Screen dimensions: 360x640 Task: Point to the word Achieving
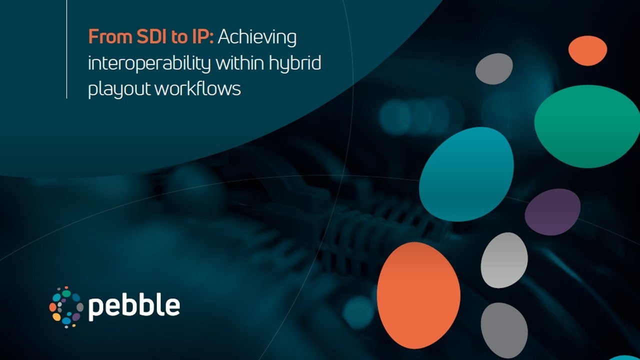(x=257, y=38)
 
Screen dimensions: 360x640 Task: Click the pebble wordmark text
(x=134, y=306)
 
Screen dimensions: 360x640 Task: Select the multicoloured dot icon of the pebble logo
(x=66, y=306)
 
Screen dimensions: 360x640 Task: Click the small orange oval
(x=587, y=50)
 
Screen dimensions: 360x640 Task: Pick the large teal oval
(x=466, y=173)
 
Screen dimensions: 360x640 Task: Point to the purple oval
(x=552, y=211)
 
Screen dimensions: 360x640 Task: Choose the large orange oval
(x=418, y=295)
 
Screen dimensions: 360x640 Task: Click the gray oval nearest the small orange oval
(x=494, y=68)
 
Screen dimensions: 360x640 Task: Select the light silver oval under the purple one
(x=504, y=260)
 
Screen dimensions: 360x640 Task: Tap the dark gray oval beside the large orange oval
(x=504, y=330)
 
